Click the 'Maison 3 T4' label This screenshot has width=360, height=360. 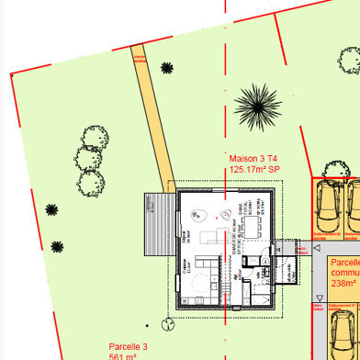tap(253, 158)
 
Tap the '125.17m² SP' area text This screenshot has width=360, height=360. tap(254, 169)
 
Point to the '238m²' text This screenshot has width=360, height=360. tap(344, 284)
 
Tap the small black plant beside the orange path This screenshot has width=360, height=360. tap(166, 67)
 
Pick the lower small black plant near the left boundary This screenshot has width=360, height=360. tap(57, 246)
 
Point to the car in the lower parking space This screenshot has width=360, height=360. tap(344, 332)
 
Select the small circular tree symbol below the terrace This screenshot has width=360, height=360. tap(166, 322)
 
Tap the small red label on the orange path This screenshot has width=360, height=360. tap(141, 59)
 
